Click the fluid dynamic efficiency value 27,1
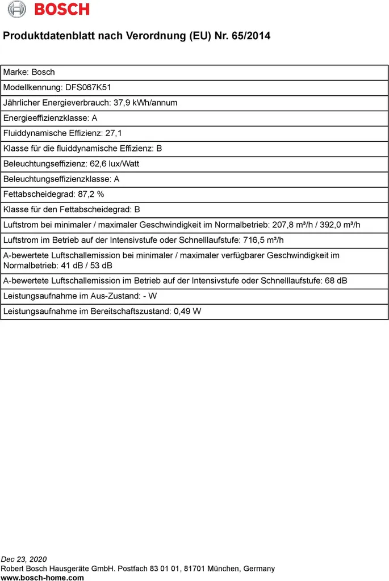(x=114, y=133)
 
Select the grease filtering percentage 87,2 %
(x=91, y=194)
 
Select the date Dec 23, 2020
(x=24, y=559)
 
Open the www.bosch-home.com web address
(x=43, y=578)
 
